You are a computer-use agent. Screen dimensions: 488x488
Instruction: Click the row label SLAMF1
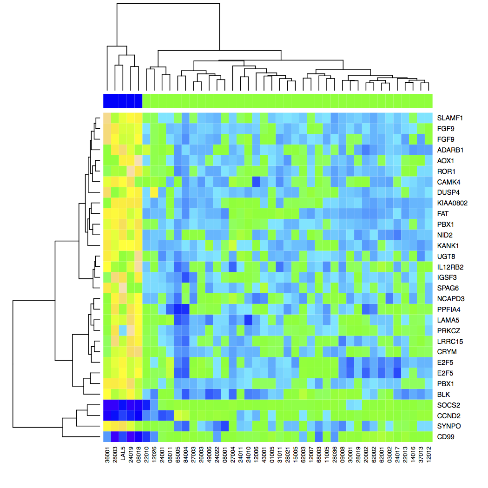(448, 118)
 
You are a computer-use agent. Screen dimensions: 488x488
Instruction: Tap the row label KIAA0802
(452, 203)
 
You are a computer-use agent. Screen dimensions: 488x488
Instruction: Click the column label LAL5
(123, 458)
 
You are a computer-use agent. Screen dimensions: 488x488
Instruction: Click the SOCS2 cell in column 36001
(107, 405)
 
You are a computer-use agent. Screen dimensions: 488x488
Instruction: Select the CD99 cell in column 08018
(138, 437)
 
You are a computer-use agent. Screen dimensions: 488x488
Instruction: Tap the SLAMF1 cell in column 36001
(107, 118)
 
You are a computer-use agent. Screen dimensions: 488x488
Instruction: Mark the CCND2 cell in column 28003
(115, 415)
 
